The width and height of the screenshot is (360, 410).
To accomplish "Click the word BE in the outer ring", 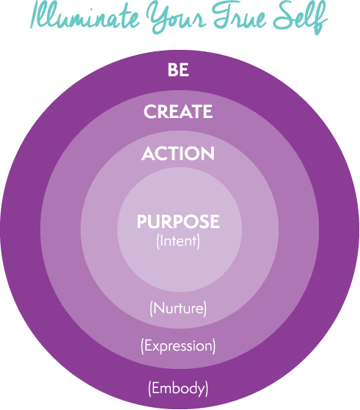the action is coord(178,70).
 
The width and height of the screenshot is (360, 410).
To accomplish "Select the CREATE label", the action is coord(178,111).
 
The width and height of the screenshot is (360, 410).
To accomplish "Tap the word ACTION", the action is coord(178,153).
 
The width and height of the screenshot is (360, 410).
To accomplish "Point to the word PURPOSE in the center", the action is coord(178,222).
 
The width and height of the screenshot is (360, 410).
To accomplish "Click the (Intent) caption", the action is coord(178,241).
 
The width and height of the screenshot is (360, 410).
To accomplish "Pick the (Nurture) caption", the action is coord(178,309).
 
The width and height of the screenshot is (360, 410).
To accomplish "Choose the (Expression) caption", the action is coord(178,346).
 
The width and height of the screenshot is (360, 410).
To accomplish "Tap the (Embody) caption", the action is coord(178,388).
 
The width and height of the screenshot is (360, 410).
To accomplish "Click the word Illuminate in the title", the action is coord(85,15).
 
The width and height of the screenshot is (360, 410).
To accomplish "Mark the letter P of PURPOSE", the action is coord(142,222).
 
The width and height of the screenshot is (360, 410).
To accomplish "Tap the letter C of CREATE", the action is coord(150,111).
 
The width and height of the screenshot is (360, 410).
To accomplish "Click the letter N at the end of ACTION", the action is coord(208,153).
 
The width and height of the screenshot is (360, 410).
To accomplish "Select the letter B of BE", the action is coord(172,70).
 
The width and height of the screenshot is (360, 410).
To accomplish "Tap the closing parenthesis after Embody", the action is coord(207,389).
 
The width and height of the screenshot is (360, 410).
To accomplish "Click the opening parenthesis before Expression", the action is coord(142,346).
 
